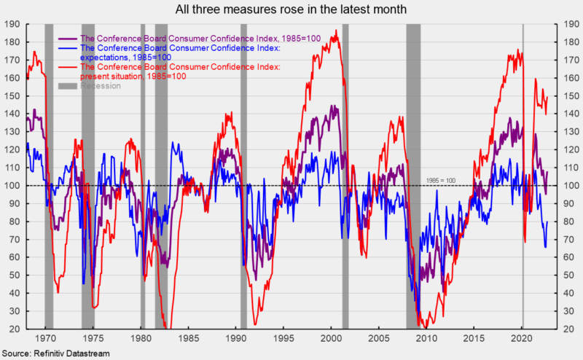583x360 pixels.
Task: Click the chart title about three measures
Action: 291,9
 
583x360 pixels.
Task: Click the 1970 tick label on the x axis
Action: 45,339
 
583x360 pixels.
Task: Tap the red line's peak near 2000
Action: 335,31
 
